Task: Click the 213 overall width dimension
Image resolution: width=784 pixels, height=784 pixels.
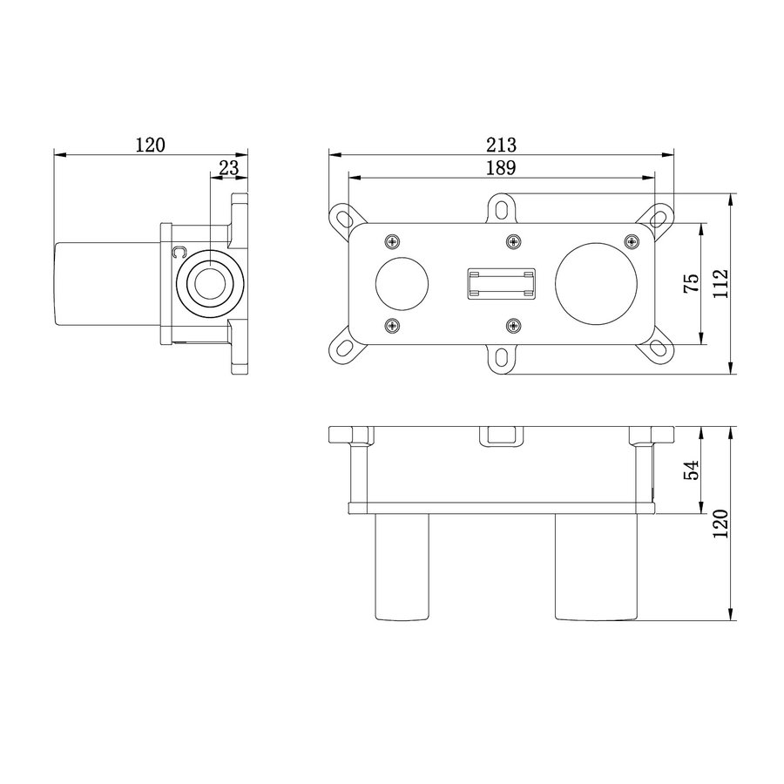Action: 502,145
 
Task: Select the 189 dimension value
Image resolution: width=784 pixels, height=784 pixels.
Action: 502,167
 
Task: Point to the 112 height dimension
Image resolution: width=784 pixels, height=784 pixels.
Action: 720,283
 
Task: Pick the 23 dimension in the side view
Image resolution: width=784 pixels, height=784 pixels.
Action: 228,167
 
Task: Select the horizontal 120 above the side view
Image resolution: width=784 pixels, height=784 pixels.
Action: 150,145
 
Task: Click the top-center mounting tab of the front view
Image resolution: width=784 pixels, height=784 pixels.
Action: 502,206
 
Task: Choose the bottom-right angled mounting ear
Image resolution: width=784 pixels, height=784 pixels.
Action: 659,349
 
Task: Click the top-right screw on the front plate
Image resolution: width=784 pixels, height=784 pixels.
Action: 631,240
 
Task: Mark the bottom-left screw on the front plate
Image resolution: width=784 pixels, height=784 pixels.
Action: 391,326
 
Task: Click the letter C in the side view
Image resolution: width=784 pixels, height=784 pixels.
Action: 179,253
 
